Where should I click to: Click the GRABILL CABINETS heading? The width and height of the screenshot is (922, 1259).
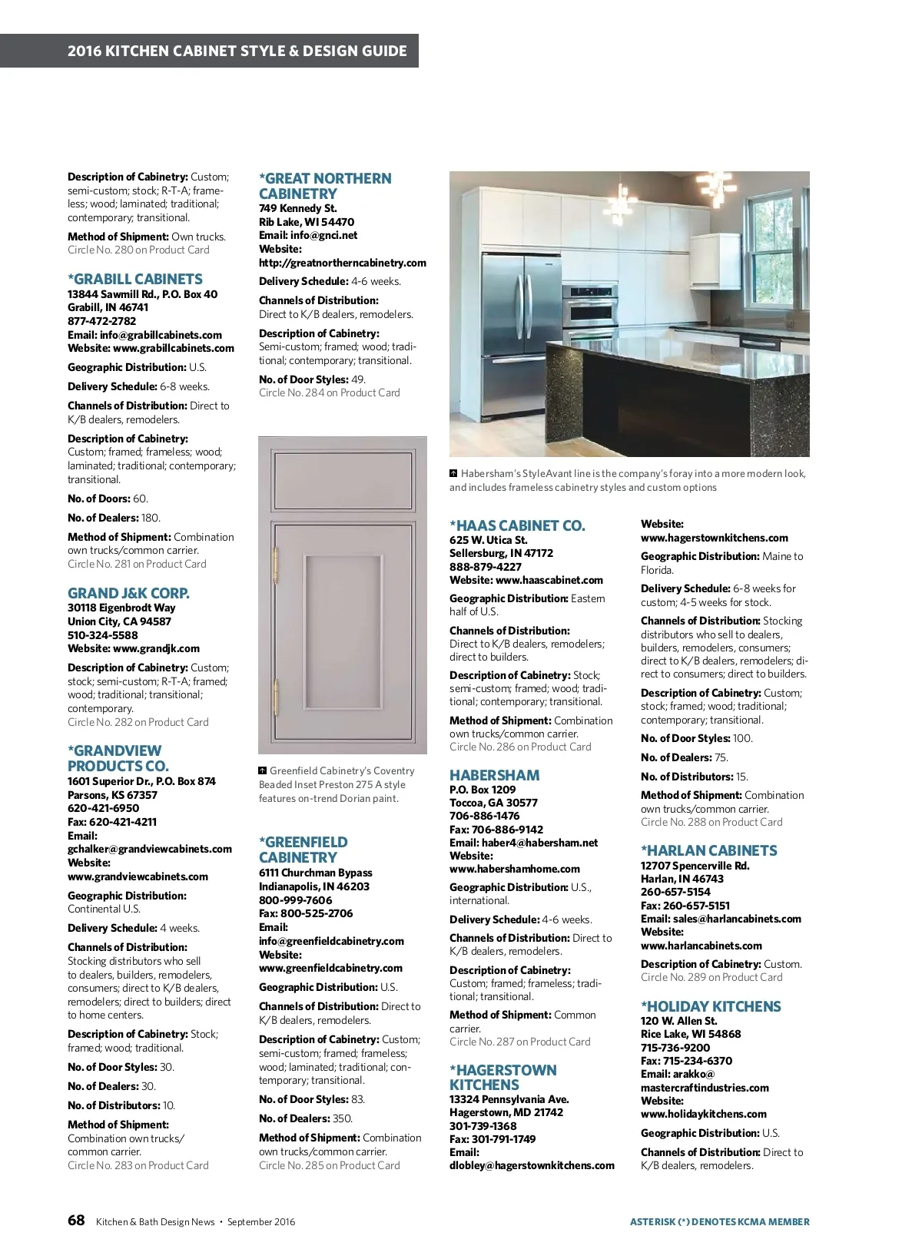point(135,279)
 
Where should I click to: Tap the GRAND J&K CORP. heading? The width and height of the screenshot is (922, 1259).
point(128,593)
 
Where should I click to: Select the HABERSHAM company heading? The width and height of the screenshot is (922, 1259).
point(494,775)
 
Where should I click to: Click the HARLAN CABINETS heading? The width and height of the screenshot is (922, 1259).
point(708,850)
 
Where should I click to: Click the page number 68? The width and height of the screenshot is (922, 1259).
point(76,1221)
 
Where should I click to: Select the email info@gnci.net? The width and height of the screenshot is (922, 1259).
point(323,235)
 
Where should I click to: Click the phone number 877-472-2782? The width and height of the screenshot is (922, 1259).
point(101,321)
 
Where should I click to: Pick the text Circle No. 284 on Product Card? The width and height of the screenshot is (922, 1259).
point(329,393)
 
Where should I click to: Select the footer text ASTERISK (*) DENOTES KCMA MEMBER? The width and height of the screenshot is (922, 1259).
point(719,1221)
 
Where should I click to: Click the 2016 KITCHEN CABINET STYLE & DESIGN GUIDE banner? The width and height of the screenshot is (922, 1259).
point(237,51)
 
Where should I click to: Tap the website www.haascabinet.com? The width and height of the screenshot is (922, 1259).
point(549,580)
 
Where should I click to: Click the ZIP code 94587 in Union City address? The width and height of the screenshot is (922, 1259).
point(155,621)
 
